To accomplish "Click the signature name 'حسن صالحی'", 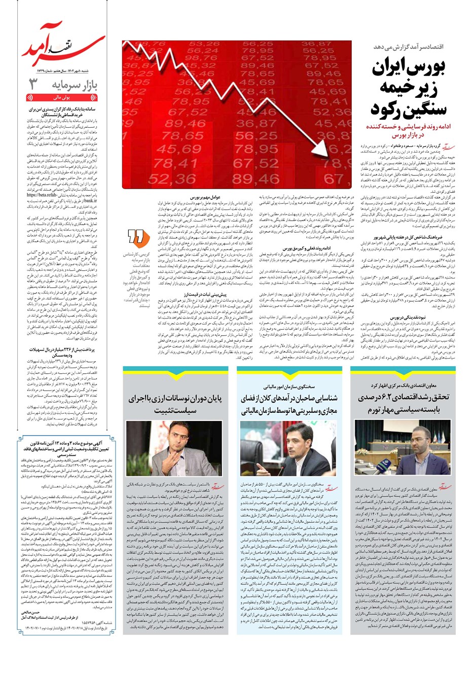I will (35, 613).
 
